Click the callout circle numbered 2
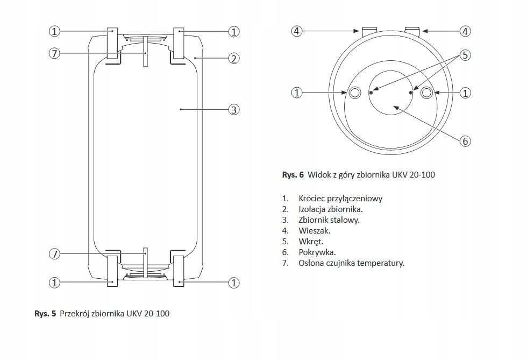click(x=233, y=59)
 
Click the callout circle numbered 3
click(x=233, y=110)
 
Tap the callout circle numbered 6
click(x=466, y=141)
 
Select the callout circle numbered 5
click(x=466, y=55)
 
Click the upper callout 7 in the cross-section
click(x=54, y=54)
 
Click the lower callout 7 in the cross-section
click(x=54, y=254)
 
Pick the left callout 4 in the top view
click(x=297, y=31)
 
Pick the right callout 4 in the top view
click(x=466, y=31)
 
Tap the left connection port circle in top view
click(x=355, y=93)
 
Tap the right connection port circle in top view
click(x=427, y=93)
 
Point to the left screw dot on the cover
click(x=371, y=93)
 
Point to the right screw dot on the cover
click(x=411, y=93)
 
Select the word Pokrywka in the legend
click(x=317, y=252)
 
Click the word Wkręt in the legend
click(x=310, y=241)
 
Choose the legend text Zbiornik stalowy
click(x=329, y=220)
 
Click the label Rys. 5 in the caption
click(x=45, y=313)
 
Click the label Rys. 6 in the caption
click(x=293, y=175)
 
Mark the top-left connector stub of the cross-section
click(x=112, y=43)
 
